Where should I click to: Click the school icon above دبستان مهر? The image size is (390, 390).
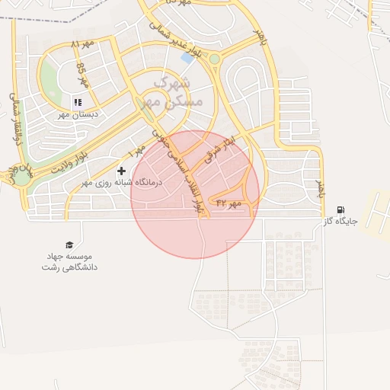(77, 102)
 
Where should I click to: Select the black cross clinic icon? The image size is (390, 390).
(121, 171)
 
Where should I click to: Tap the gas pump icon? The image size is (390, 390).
(340, 209)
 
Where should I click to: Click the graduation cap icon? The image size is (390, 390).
(69, 245)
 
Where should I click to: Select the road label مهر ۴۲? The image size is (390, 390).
(228, 203)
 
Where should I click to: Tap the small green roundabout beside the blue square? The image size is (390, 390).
(215, 59)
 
